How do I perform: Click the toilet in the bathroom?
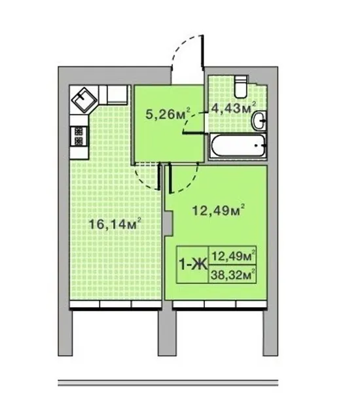click(x=241, y=86)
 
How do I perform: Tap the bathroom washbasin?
click(x=259, y=121)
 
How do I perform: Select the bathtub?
click(x=238, y=145)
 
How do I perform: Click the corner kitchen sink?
click(x=84, y=100)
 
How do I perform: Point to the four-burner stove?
click(x=79, y=136)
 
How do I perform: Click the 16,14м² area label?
click(x=115, y=223)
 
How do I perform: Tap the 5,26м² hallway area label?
click(x=168, y=114)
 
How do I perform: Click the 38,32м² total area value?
click(x=232, y=274)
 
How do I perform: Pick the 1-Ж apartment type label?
click(x=193, y=264)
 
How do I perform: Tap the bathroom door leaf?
click(x=194, y=132)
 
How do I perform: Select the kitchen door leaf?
click(x=160, y=177)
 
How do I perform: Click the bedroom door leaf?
click(x=170, y=179)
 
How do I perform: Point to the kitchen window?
click(x=115, y=304)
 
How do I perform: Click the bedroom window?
click(x=220, y=304)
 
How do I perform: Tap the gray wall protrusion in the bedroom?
click(x=169, y=223)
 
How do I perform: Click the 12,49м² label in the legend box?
click(x=232, y=256)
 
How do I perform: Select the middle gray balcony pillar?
click(x=167, y=333)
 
